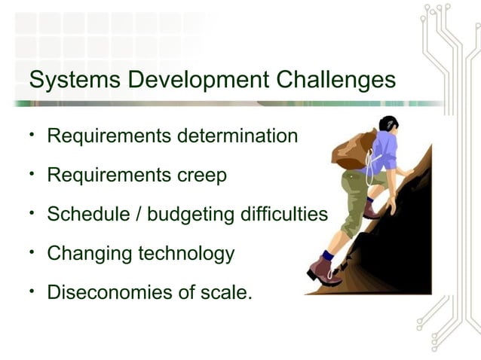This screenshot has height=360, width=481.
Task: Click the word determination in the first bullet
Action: pyautogui.click(x=237, y=137)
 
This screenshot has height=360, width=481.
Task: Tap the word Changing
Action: pyautogui.click(x=89, y=255)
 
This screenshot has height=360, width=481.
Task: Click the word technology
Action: pyautogui.click(x=186, y=255)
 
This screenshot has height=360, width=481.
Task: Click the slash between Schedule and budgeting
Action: pyautogui.click(x=139, y=215)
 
